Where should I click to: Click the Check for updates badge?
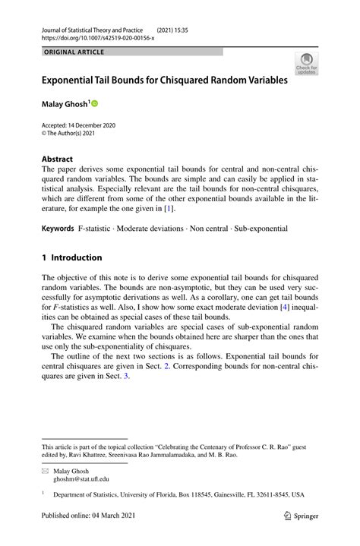tap(307, 62)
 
